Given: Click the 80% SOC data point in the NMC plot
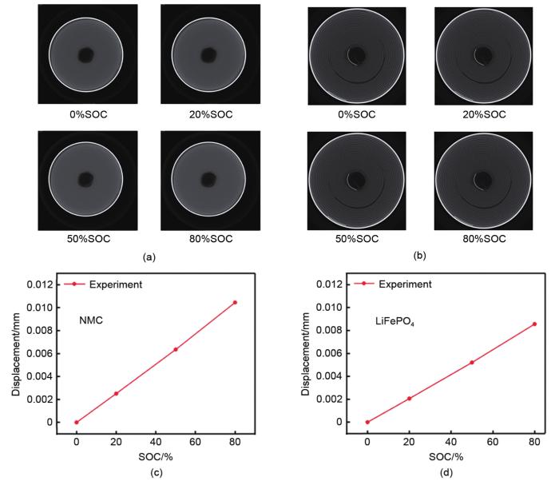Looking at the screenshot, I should click(234, 302).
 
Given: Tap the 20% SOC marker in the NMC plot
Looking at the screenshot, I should click(116, 393).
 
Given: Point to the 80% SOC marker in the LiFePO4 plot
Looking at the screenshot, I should click(534, 324).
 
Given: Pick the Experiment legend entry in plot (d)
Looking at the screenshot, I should click(405, 284).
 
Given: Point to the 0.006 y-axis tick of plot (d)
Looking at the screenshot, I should click(330, 353).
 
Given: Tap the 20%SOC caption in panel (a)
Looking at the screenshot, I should click(210, 114).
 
